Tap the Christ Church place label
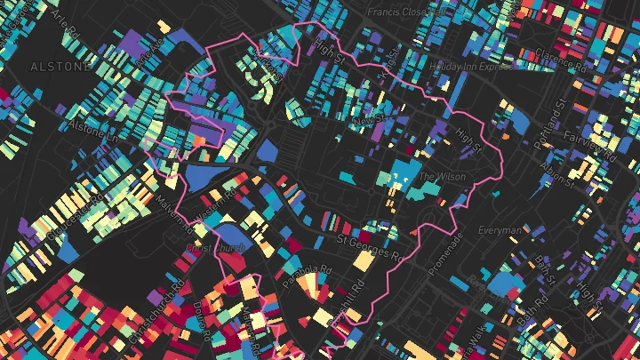[216, 249]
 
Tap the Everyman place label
[500, 231]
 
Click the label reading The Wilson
[442, 177]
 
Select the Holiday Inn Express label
[471, 67]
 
